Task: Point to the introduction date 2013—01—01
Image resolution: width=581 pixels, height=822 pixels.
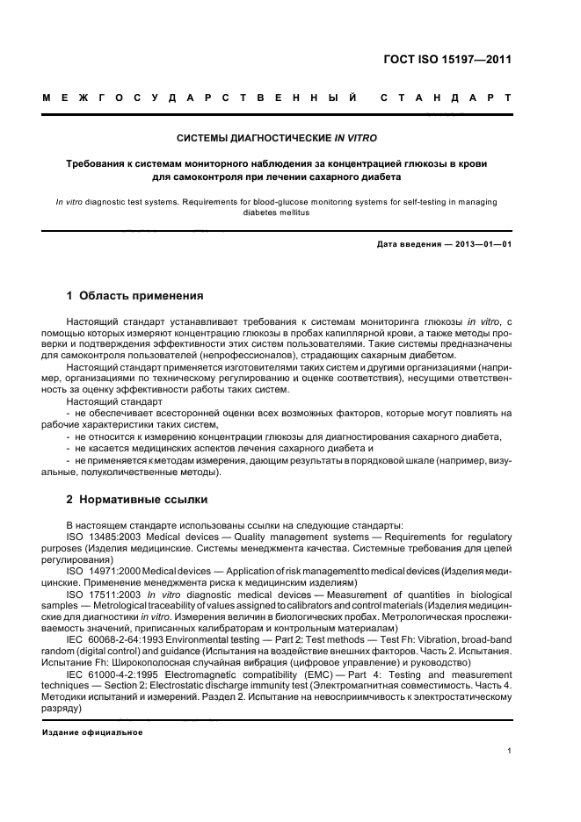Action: point(482,244)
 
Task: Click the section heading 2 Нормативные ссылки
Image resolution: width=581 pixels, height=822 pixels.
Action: point(137,500)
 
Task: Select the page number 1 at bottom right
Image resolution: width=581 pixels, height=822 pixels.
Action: point(509,751)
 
